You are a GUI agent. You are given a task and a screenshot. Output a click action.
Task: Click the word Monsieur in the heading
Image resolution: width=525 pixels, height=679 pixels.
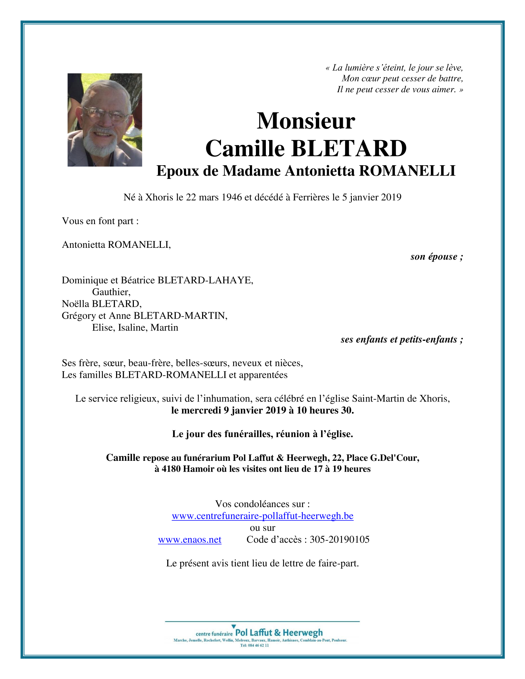(306, 121)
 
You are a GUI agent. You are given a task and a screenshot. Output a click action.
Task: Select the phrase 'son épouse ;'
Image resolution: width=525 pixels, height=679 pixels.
(436, 257)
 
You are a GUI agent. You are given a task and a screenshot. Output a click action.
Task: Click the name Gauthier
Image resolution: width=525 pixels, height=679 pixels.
(111, 292)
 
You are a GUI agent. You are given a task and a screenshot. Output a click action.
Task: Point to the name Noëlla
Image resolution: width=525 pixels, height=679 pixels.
(75, 304)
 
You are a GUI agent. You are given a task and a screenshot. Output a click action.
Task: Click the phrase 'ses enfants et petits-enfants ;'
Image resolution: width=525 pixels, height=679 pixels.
(402, 339)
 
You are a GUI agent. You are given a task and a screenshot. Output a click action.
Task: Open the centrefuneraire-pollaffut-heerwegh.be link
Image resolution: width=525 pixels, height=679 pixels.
(262, 516)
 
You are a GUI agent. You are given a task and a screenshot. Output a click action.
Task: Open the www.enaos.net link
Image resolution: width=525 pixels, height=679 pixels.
(189, 539)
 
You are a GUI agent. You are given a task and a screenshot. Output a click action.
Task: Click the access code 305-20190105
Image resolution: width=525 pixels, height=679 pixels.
(339, 539)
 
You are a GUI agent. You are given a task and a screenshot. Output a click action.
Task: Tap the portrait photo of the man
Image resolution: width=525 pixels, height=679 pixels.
(105, 120)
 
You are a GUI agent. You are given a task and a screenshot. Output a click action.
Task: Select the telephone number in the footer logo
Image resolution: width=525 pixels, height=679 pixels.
(254, 645)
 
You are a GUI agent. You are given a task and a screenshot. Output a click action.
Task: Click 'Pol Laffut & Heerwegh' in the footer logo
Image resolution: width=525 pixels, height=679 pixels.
(279, 632)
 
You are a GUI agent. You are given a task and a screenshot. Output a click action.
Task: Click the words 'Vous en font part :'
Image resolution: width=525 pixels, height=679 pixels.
(100, 221)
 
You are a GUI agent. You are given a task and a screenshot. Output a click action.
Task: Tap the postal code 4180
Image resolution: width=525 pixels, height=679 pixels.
(171, 469)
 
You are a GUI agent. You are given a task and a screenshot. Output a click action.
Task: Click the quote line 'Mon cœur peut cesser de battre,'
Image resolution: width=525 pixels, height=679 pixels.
(402, 79)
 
